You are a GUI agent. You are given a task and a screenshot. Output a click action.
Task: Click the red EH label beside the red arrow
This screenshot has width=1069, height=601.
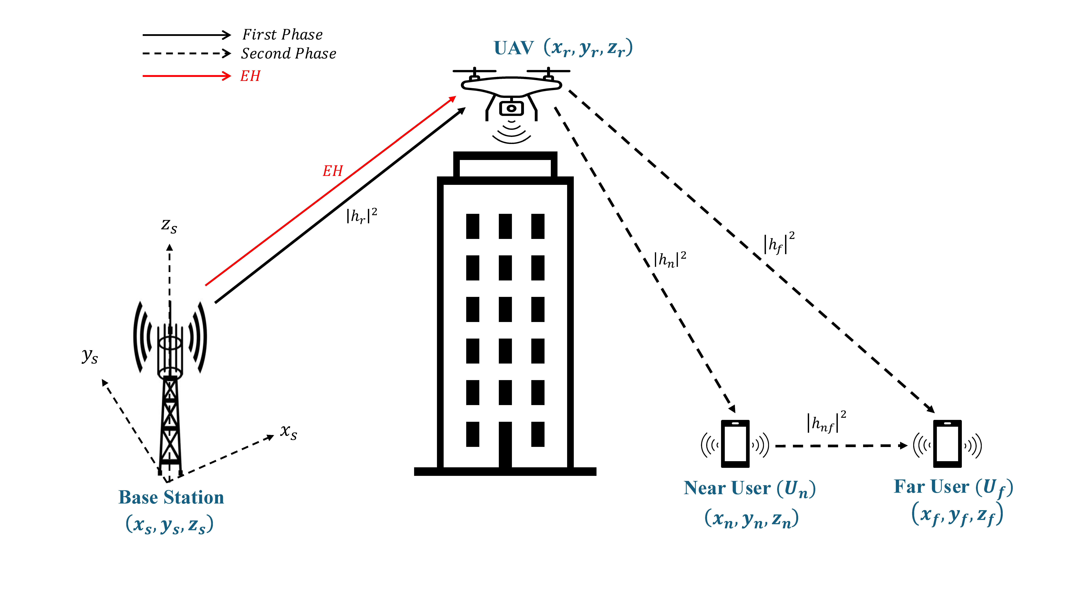333,171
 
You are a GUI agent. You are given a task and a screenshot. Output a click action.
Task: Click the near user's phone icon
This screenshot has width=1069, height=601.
735,444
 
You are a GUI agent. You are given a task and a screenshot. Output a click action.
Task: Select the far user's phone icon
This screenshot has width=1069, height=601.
947,444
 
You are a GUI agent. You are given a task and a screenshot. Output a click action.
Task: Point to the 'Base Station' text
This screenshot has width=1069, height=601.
171,497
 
